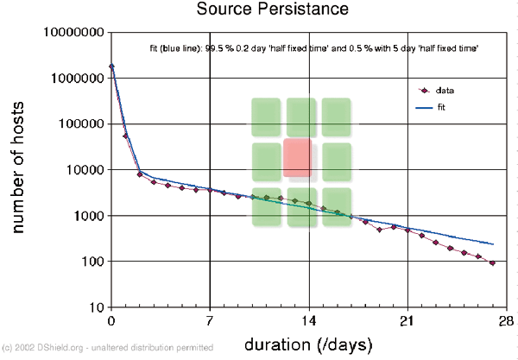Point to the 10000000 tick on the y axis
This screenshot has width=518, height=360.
(74, 33)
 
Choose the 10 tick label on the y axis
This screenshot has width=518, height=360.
(95, 307)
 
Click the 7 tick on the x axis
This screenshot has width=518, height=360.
(211, 320)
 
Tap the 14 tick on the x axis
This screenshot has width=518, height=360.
(309, 320)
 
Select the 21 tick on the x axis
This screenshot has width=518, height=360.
(408, 320)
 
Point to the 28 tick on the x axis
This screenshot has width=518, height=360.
(507, 320)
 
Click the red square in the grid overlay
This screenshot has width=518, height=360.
(298, 159)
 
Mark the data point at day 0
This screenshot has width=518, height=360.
(112, 66)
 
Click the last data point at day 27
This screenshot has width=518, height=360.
(492, 263)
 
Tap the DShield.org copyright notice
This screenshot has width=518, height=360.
(107, 348)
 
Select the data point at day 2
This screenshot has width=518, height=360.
(140, 174)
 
